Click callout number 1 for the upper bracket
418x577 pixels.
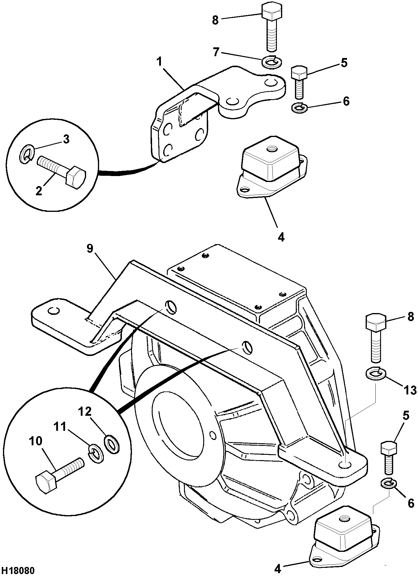click(x=160, y=62)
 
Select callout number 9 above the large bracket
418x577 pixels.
click(x=90, y=248)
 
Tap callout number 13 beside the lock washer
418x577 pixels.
click(x=410, y=390)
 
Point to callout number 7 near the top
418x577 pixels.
click(x=216, y=52)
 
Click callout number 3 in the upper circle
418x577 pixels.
click(x=66, y=139)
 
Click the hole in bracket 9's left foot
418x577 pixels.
click(x=54, y=310)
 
